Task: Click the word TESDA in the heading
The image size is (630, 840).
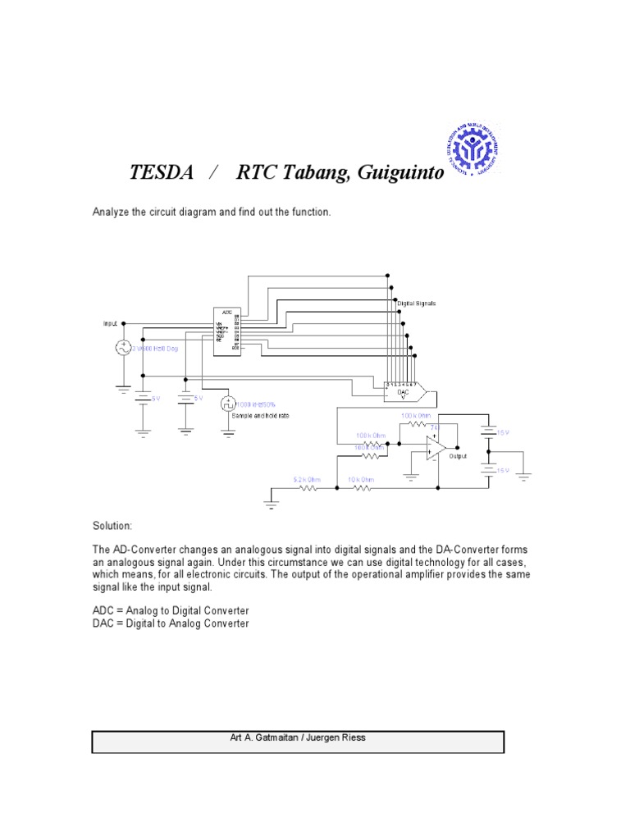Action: tap(162, 174)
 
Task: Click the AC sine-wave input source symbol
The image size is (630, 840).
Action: tap(122, 348)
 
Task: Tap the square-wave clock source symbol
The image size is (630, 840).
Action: tap(227, 404)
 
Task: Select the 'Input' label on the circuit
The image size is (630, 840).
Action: tap(111, 323)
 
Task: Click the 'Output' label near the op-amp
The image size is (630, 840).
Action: tap(458, 456)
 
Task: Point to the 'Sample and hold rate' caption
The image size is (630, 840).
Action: tap(254, 416)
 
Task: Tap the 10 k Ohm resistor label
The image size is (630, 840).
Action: tap(361, 478)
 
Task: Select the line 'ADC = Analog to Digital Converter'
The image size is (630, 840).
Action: tap(170, 611)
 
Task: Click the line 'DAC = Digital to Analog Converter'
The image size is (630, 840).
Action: tap(170, 623)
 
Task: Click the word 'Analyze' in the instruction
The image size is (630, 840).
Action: tap(110, 212)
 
